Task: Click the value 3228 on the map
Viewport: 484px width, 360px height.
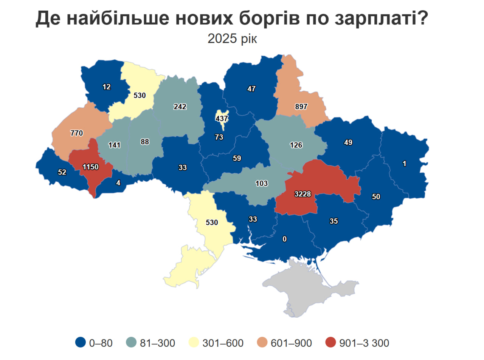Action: coord(302,194)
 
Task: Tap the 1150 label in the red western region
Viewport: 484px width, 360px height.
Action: coord(90,167)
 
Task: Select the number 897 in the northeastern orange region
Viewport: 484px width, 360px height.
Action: coord(301,107)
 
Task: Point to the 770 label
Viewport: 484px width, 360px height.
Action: coord(76,133)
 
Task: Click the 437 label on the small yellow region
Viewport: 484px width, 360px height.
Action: coord(222,118)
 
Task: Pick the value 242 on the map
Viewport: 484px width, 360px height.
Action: coord(180,107)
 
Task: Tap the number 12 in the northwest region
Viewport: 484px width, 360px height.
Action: coord(107,87)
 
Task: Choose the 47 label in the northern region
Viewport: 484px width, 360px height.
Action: coord(251,89)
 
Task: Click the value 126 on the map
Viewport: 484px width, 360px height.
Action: coord(296,145)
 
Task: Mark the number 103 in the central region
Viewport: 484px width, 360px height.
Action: coord(261,183)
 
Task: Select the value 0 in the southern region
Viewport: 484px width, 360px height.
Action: coord(285,239)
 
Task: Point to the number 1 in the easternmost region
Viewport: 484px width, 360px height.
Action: coord(404,164)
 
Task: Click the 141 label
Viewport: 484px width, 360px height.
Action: coord(114,145)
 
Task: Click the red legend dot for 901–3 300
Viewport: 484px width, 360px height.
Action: coord(330,343)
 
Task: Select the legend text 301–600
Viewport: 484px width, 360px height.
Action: coord(223,343)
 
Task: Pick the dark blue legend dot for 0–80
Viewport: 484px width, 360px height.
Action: coord(81,343)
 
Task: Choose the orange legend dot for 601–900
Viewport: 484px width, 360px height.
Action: coord(262,343)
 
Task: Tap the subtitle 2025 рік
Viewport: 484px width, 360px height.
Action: coord(232,38)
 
